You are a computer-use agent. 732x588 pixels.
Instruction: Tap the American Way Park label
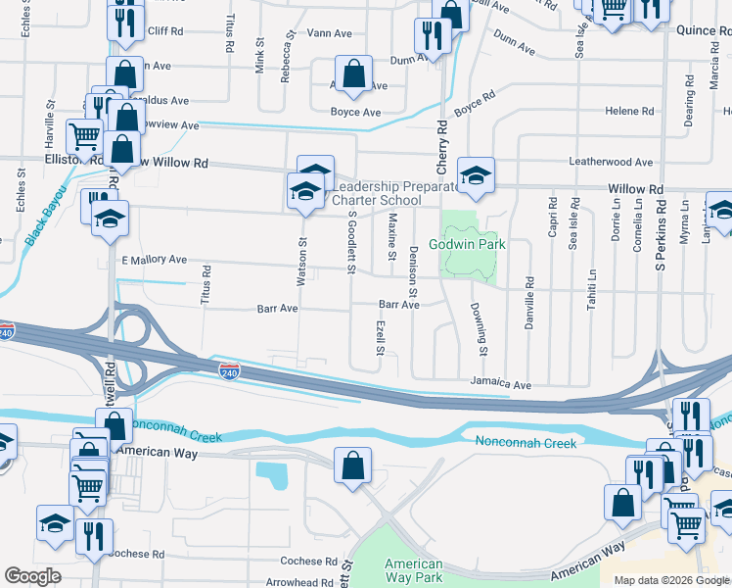coord(413,570)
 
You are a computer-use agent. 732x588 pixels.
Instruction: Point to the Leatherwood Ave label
coord(613,162)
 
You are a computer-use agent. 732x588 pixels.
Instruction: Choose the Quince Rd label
coord(703,30)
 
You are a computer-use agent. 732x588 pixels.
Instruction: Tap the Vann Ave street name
coord(329,32)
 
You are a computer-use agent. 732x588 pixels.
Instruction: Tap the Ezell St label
coord(378,335)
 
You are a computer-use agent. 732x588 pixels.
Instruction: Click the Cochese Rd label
coord(308,562)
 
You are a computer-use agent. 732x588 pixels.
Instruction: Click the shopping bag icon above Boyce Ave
coord(353,73)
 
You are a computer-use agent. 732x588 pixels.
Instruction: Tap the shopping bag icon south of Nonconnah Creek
coord(352,465)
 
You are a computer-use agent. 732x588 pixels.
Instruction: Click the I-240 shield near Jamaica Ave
coord(229,372)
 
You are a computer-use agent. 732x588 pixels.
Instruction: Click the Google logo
coord(33,576)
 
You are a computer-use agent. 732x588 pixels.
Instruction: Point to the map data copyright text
coord(670,580)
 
